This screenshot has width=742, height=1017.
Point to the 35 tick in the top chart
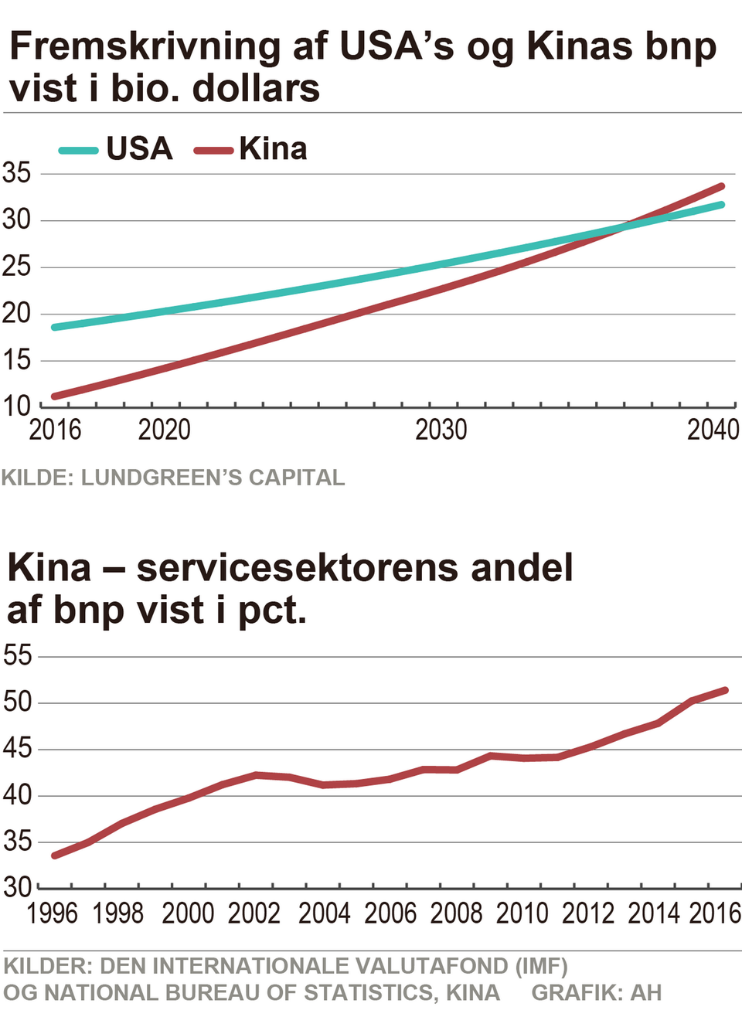[16, 173]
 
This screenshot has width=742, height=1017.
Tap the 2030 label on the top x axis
[441, 430]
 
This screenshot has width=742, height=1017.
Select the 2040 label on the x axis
[713, 430]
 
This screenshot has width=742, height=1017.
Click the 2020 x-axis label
[164, 430]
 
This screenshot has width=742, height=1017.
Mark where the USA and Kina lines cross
[623, 226]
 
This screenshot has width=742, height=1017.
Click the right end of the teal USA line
[721, 205]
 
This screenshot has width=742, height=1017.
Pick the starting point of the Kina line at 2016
[55, 396]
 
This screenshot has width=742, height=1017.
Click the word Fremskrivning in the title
[145, 46]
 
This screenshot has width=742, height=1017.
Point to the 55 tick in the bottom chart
[18, 655]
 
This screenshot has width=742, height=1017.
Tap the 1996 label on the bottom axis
[53, 913]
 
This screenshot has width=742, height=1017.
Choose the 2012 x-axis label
[588, 913]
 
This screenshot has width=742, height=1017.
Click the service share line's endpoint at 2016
[725, 690]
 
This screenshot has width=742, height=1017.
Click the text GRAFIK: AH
[596, 992]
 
